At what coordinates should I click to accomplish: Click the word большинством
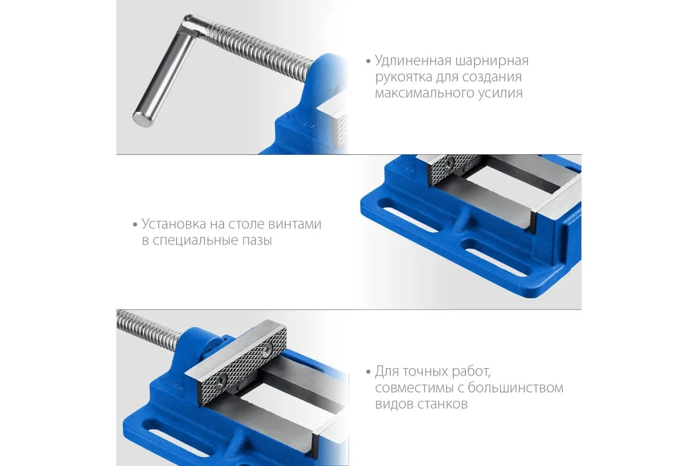[x=515, y=388]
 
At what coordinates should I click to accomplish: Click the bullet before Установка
[x=135, y=224]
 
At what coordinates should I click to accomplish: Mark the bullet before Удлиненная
[x=368, y=61]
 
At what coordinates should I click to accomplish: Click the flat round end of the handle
[x=143, y=119]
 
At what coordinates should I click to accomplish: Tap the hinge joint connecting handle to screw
[x=190, y=22]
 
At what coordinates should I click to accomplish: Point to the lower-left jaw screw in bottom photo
[x=222, y=380]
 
